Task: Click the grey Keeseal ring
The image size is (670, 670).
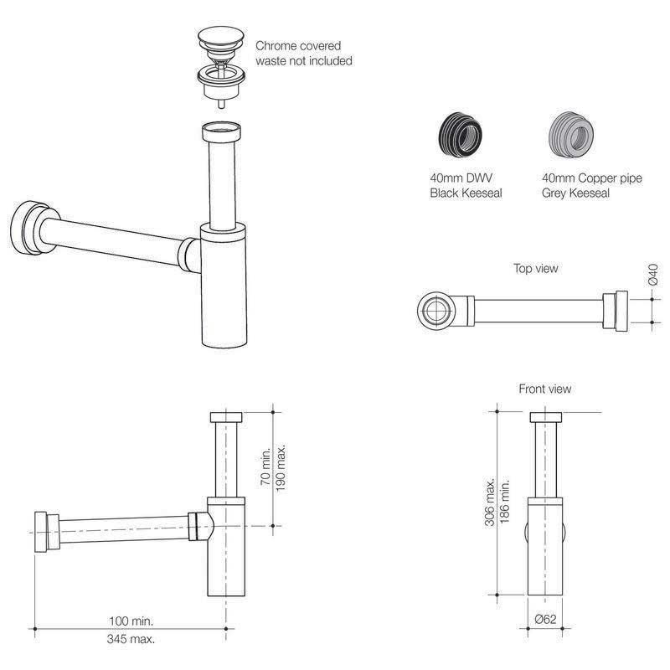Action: pyautogui.click(x=569, y=134)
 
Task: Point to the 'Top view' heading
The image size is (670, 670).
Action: pyautogui.click(x=535, y=269)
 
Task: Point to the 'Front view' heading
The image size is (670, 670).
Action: pyautogui.click(x=545, y=389)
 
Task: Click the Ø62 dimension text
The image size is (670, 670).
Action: pyautogui.click(x=545, y=620)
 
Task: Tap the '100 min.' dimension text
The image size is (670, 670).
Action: pyautogui.click(x=134, y=621)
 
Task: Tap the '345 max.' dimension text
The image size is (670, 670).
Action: pyautogui.click(x=134, y=638)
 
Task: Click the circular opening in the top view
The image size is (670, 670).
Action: pyautogui.click(x=434, y=312)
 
